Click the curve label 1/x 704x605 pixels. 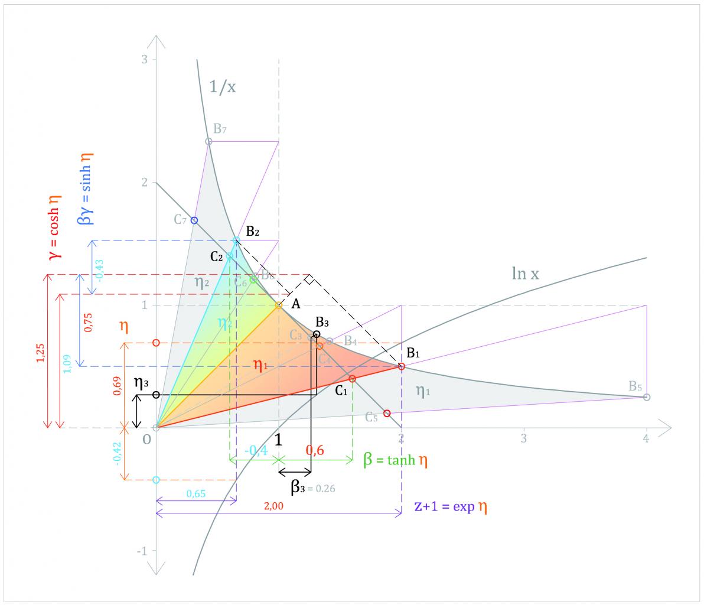222,87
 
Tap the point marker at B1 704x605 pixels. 402,366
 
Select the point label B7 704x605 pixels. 220,129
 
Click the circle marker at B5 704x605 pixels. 647,397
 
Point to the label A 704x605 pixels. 296,304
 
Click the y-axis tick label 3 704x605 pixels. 144,60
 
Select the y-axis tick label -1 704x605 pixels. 142,551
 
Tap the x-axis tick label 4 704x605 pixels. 646,439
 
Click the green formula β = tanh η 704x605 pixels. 396,461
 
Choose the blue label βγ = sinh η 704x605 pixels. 84,188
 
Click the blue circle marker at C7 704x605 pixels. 194,220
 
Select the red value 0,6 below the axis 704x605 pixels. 315,450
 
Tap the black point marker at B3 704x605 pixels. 317,334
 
